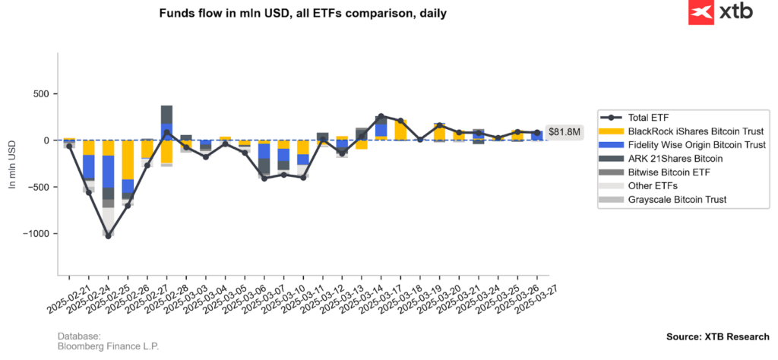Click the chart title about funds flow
[302, 14]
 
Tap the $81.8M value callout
[565, 132]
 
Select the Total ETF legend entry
[649, 118]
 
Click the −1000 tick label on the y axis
[34, 234]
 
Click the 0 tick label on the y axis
[46, 141]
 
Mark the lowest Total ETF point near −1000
[108, 236]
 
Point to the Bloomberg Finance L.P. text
[108, 346]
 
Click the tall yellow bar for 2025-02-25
[128, 159]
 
